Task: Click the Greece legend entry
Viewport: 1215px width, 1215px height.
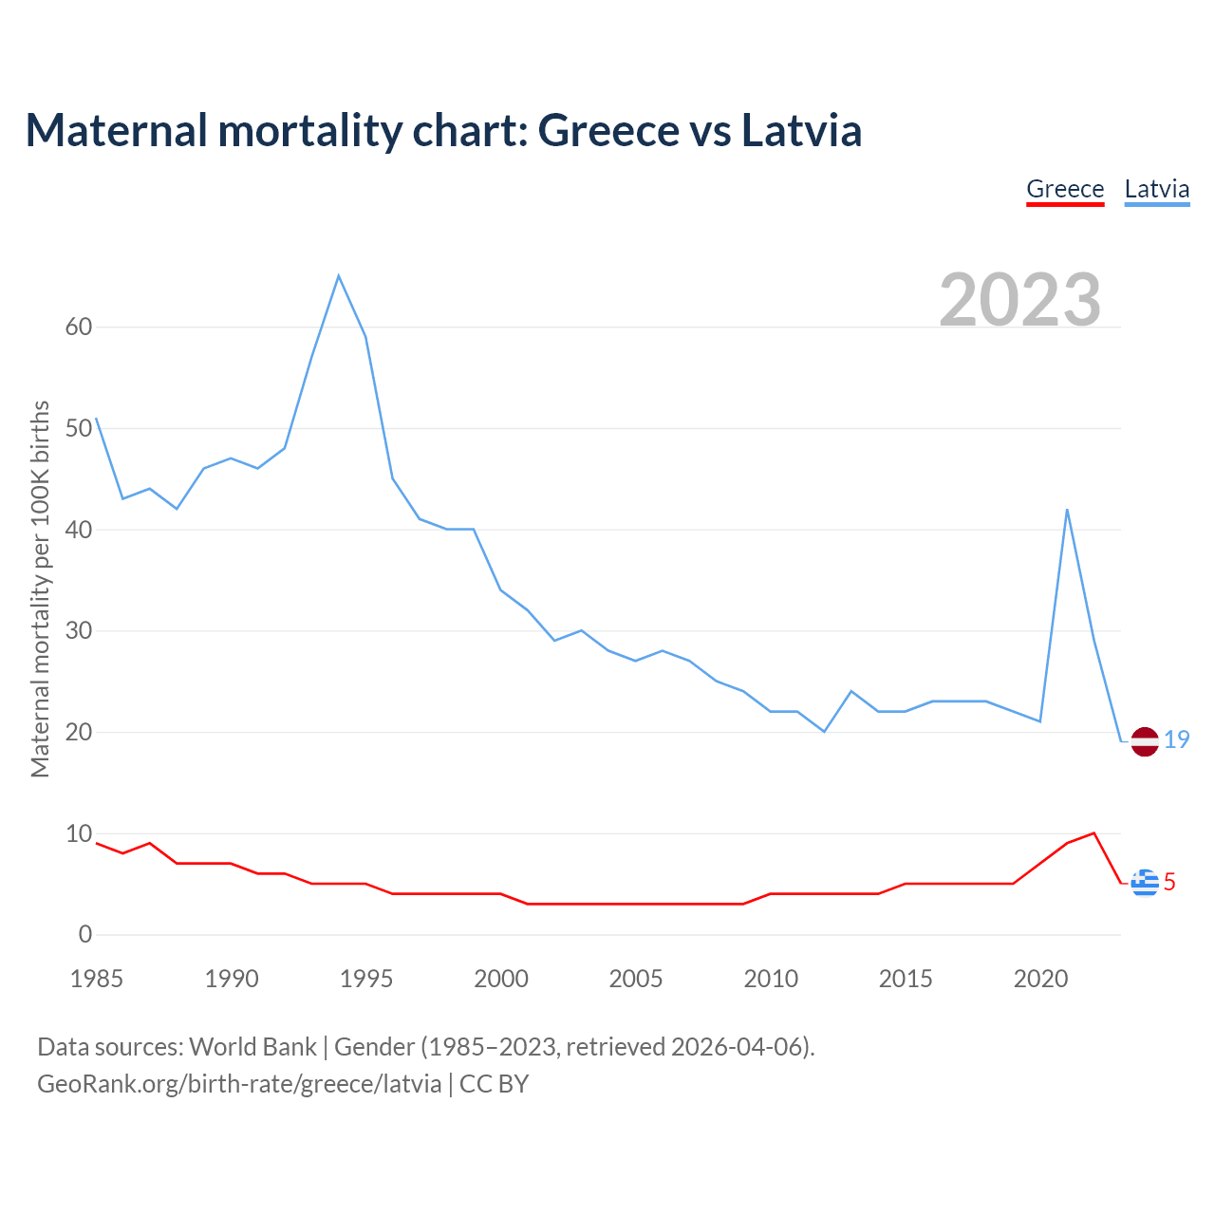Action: [x=1065, y=189]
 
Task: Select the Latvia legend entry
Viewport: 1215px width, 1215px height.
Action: [x=1156, y=189]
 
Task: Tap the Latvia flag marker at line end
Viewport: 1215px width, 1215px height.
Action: [x=1145, y=741]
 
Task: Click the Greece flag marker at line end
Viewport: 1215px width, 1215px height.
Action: [x=1145, y=883]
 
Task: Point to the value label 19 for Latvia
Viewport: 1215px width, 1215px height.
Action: [x=1177, y=739]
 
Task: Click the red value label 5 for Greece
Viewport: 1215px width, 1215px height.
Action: [x=1170, y=883]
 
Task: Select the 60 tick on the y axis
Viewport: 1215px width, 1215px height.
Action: [x=79, y=327]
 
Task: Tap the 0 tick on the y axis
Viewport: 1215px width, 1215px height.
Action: [x=85, y=935]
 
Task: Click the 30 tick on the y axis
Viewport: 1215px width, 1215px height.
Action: [x=79, y=631]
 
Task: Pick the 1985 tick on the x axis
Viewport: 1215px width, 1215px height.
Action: [x=97, y=979]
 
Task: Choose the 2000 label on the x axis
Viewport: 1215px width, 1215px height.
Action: [x=501, y=979]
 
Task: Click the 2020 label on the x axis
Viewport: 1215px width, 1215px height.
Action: [x=1040, y=979]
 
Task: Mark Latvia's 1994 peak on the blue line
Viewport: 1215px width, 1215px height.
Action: [x=339, y=276]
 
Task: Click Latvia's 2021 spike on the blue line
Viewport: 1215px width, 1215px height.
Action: [x=1067, y=510]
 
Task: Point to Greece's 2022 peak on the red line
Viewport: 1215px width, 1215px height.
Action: [x=1094, y=833]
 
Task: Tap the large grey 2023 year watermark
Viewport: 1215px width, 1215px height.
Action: [x=1020, y=300]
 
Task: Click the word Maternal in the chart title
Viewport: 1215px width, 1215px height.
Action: [x=117, y=130]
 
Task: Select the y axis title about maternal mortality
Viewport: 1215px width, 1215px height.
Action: [x=40, y=589]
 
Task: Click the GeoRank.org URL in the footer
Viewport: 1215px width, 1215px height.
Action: [x=239, y=1084]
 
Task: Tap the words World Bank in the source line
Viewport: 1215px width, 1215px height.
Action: [x=252, y=1047]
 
